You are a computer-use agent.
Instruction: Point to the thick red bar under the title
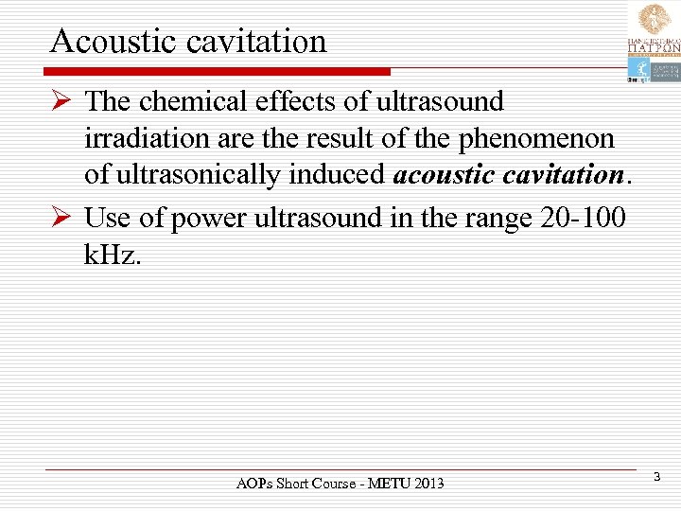218,71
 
